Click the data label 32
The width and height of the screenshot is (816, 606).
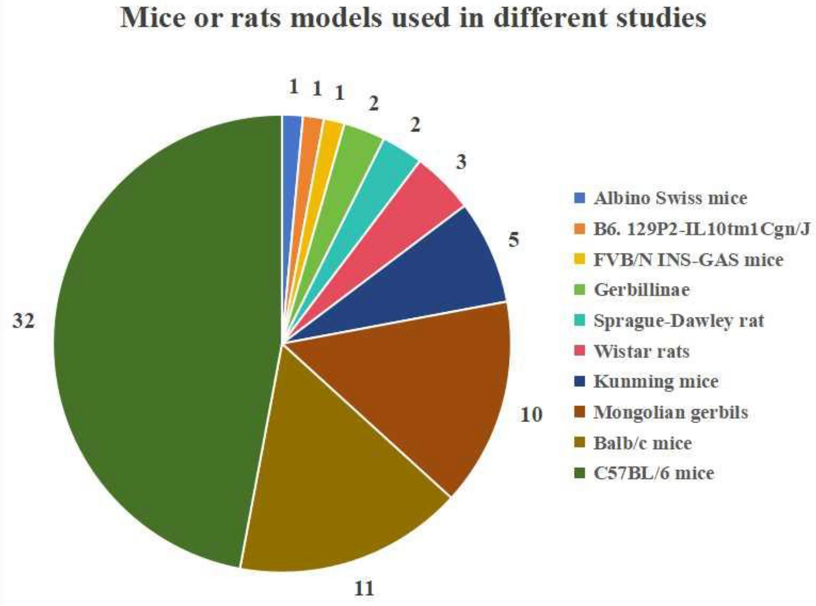23,321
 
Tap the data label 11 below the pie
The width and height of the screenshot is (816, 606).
364,587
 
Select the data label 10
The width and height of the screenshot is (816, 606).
531,414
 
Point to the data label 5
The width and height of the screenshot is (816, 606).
514,240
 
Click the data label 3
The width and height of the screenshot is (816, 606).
461,162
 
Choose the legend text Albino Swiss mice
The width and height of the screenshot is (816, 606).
670,198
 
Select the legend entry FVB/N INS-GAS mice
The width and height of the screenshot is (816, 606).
688,259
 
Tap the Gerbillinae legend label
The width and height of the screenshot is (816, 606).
641,290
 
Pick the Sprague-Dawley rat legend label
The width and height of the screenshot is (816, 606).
678,321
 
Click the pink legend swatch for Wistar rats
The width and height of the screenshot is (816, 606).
580,351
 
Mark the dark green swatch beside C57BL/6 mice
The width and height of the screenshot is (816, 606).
580,473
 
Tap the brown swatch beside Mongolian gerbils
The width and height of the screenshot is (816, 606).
580,412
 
